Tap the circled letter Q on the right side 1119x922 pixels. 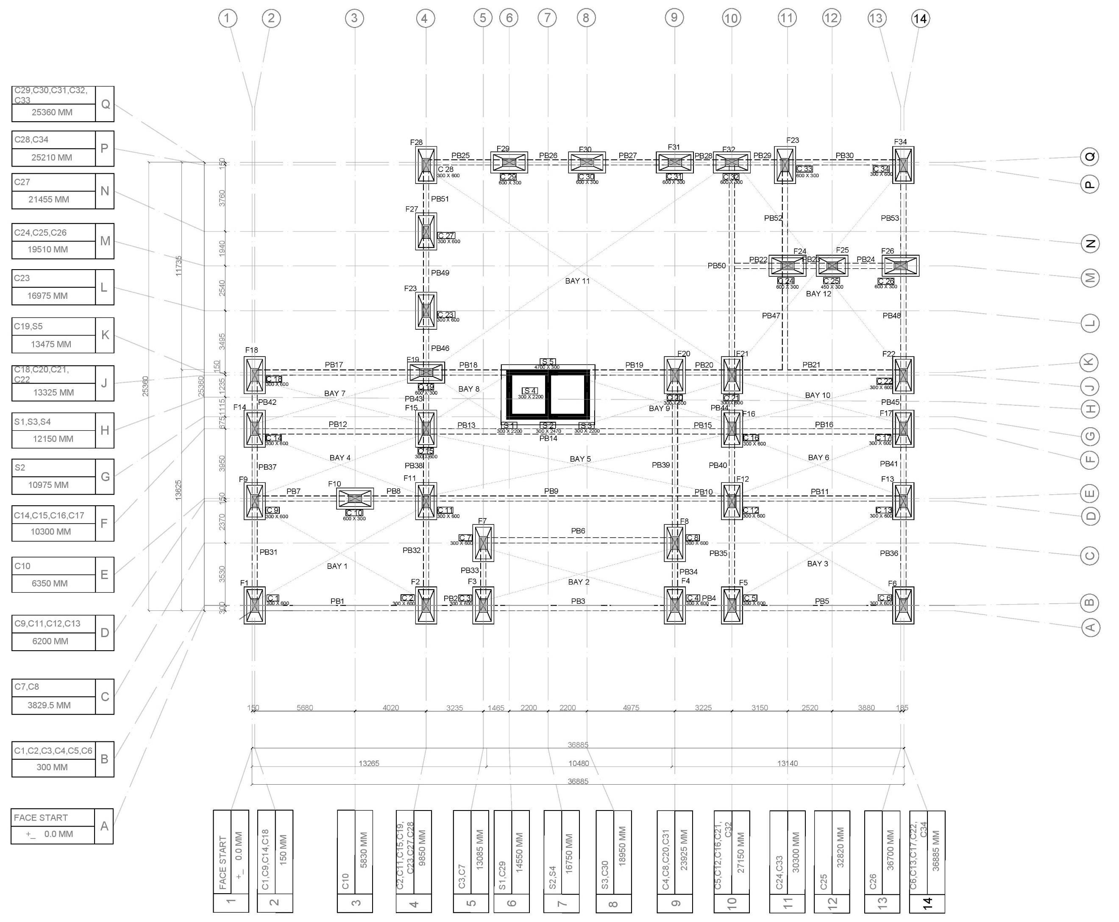(x=1090, y=157)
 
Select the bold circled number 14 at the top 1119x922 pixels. (x=920, y=19)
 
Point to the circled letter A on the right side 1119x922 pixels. (x=1090, y=628)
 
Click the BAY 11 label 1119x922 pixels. (x=577, y=281)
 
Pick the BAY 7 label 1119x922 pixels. (x=334, y=393)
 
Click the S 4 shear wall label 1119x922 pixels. (x=529, y=391)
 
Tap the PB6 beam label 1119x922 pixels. (x=578, y=531)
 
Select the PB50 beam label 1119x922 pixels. (x=716, y=265)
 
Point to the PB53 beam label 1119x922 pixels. (x=890, y=218)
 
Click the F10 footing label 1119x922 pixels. (x=334, y=484)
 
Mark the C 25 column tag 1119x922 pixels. (x=831, y=281)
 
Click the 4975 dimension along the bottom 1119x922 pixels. (x=631, y=708)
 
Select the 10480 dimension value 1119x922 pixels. (x=578, y=763)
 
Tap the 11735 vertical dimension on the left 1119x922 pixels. (x=178, y=265)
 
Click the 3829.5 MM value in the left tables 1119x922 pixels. (x=49, y=705)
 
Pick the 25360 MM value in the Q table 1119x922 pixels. (x=52, y=112)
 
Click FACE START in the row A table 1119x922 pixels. (x=41, y=817)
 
